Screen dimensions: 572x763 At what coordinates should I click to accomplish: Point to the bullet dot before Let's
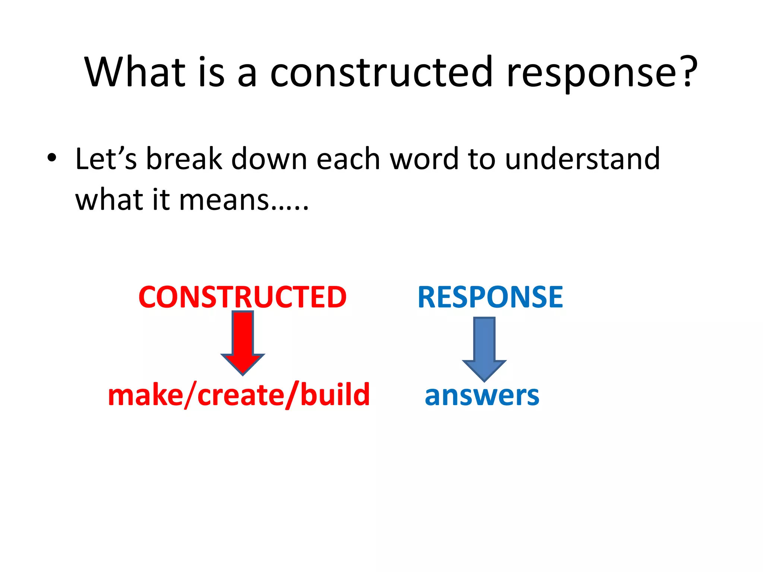click(52, 158)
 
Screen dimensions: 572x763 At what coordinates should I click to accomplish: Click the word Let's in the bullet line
click(106, 159)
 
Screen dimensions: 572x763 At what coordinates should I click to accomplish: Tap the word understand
click(582, 159)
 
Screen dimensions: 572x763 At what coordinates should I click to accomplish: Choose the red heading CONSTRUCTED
click(243, 297)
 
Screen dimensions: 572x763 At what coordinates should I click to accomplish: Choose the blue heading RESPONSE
click(490, 297)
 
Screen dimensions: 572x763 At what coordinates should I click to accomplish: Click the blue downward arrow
click(484, 348)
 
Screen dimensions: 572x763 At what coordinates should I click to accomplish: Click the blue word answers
click(482, 395)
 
